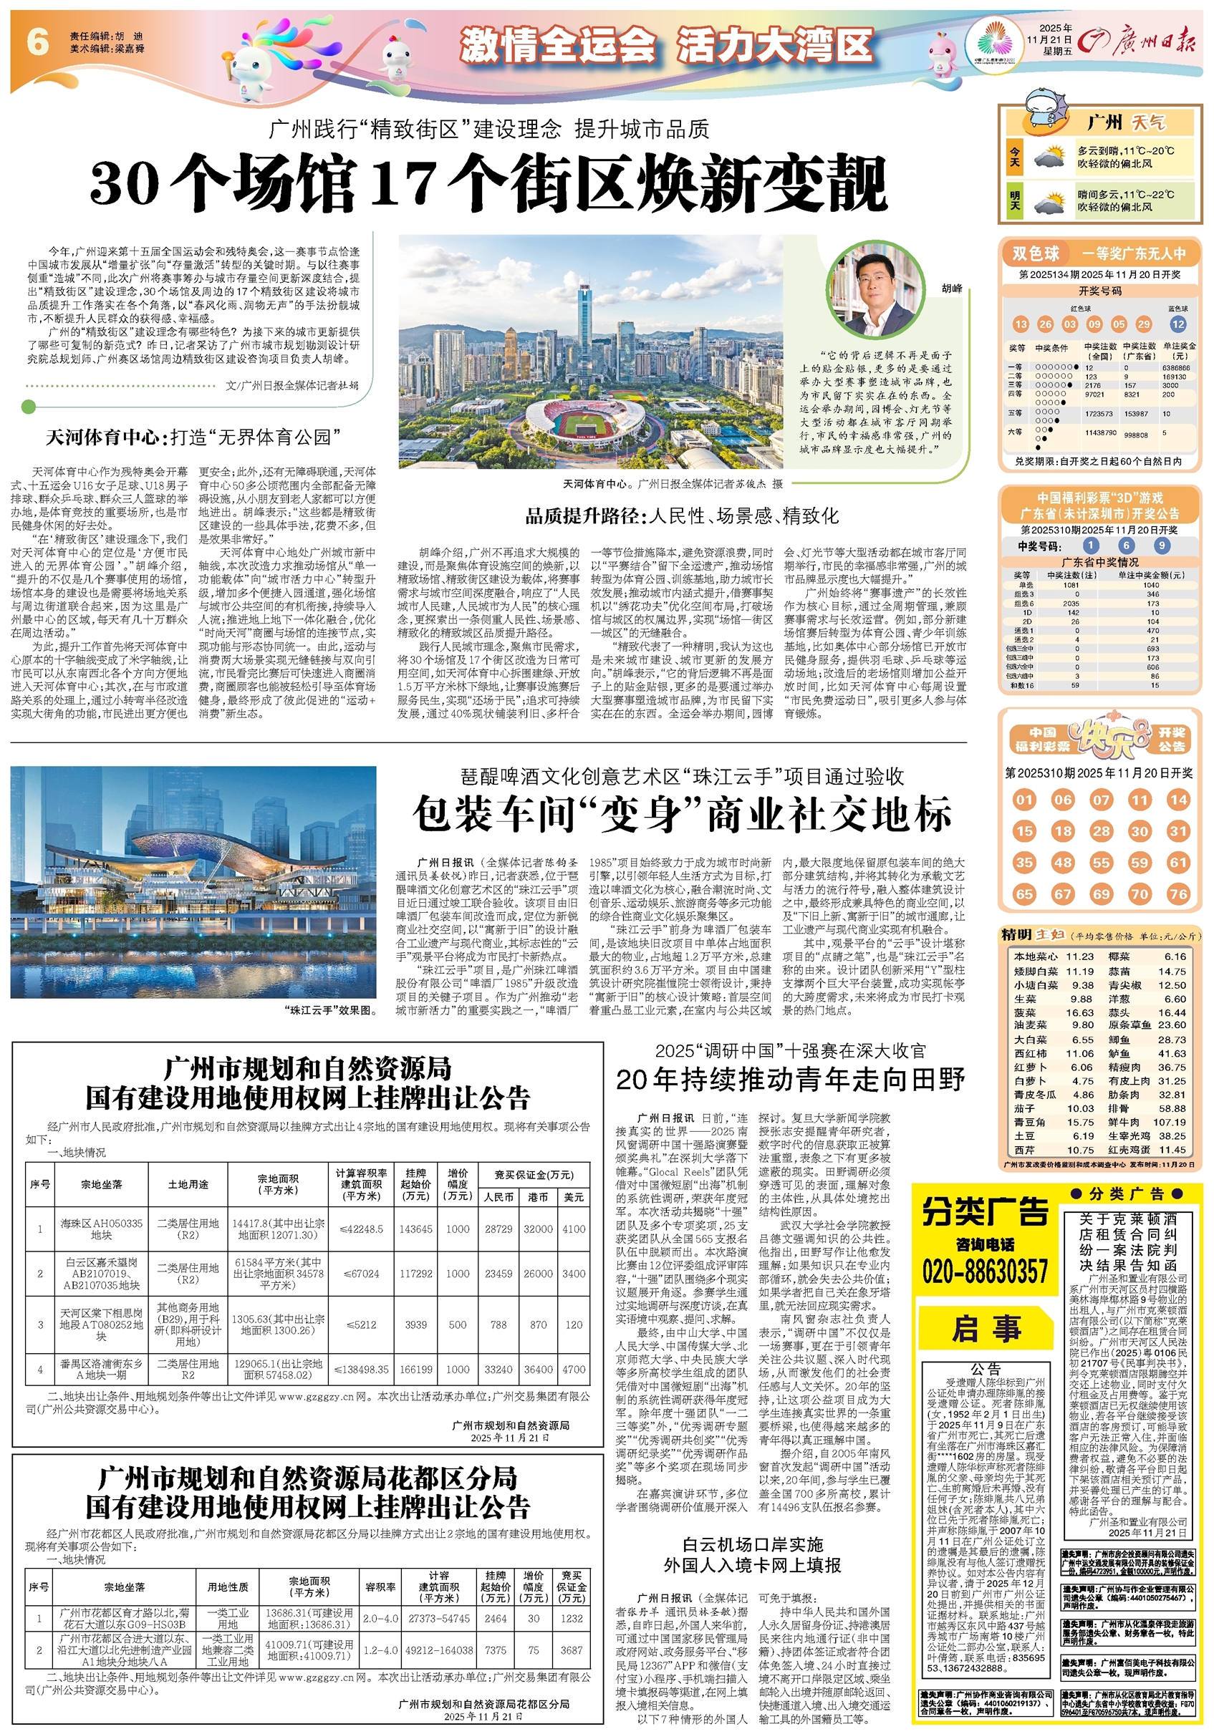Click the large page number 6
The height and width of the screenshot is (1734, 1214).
pos(37,42)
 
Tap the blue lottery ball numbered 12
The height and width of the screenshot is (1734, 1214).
pos(1177,324)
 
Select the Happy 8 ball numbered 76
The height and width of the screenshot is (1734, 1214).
pos(1177,894)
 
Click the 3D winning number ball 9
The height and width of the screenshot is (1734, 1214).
pos(1162,546)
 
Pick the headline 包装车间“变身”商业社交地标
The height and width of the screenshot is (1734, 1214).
pos(682,815)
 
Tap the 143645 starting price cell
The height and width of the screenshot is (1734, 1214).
pos(416,1229)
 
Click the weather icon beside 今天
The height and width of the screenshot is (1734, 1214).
pos(1049,157)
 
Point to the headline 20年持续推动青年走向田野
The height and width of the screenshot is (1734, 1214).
pos(789,1080)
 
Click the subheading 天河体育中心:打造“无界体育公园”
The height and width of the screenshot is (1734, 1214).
pos(193,437)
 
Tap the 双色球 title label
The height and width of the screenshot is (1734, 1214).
pos(1036,253)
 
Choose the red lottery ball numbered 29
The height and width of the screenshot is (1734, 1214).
pos(1144,324)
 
